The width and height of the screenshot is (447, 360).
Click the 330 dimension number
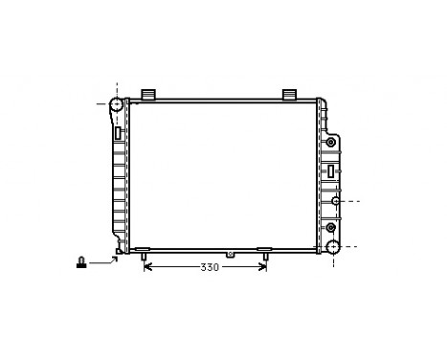(x=210, y=267)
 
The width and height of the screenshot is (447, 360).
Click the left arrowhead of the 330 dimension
(x=146, y=267)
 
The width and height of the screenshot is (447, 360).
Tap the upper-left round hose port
(x=117, y=104)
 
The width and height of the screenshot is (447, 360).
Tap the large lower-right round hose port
(x=332, y=247)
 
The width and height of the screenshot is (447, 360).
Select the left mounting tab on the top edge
(x=148, y=93)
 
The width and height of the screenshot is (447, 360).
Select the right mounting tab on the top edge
(x=289, y=93)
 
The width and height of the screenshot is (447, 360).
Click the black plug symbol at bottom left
(x=83, y=260)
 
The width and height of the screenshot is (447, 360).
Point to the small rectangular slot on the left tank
(x=118, y=134)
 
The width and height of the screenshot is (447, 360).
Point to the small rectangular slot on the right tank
(x=331, y=170)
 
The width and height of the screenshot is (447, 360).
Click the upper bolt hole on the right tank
(x=331, y=144)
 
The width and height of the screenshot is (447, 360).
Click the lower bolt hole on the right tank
(x=331, y=228)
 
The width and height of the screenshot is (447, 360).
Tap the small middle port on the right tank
(x=336, y=201)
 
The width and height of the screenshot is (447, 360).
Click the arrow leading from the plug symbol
(x=103, y=259)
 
